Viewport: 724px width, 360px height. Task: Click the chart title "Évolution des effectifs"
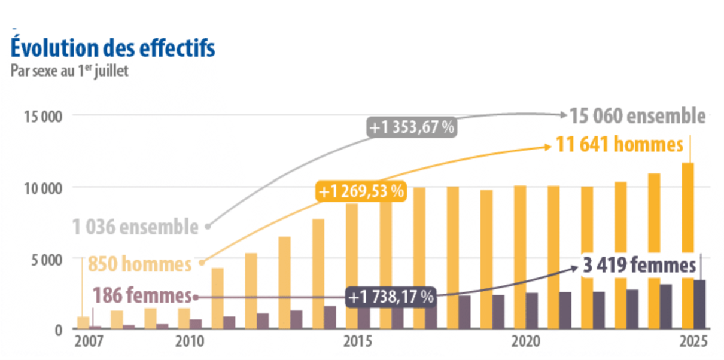coord(112,48)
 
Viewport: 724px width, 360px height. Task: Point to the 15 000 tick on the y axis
coord(42,116)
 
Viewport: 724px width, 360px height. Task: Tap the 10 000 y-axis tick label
coord(42,188)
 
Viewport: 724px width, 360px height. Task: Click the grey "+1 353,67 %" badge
coord(411,128)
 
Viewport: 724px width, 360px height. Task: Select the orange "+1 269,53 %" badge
coord(361,191)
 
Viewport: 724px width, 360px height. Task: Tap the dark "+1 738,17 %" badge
coord(391,296)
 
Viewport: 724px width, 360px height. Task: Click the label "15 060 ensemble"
coord(637,116)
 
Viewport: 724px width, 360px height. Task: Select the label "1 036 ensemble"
coord(135,227)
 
